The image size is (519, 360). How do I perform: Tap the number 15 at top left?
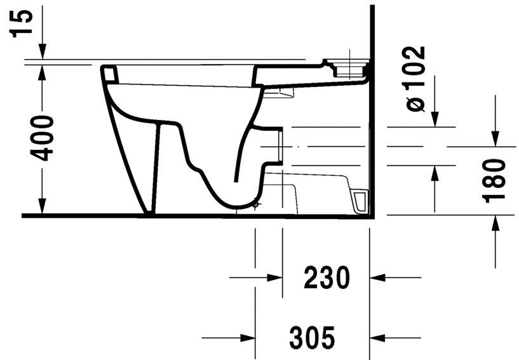pos(23,23)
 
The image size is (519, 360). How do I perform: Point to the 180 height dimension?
pos(494,181)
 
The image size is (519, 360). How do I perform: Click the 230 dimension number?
pos(326,278)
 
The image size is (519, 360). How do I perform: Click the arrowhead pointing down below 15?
pos(41,53)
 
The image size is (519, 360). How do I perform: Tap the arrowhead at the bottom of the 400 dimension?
pos(41,206)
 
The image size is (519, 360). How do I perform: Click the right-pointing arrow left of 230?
pos(273,277)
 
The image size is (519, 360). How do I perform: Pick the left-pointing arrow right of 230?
pos(379,277)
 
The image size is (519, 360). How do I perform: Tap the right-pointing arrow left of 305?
pos(246,337)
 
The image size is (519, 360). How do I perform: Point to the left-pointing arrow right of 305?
pos(379,337)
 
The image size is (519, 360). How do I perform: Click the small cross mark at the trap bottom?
pos(255,204)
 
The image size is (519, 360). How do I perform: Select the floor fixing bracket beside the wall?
pos(359,199)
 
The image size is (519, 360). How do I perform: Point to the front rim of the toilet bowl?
pos(109,74)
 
